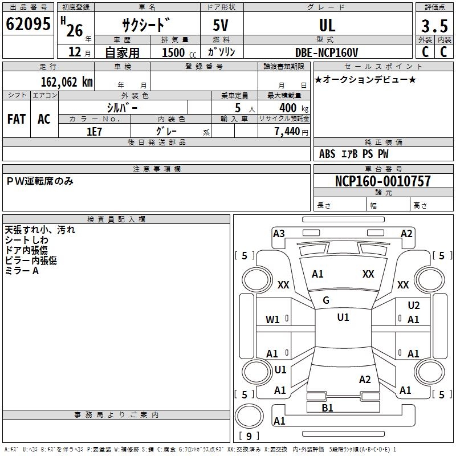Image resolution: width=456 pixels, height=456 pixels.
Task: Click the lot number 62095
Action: point(28,25)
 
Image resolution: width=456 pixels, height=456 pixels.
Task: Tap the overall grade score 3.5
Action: point(434,26)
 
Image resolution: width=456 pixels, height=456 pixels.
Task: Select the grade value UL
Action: point(327,25)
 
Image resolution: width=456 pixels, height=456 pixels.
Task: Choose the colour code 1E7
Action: point(94,131)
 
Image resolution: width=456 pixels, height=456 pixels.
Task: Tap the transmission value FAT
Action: point(17,119)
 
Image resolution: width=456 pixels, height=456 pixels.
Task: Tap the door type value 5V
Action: point(222,25)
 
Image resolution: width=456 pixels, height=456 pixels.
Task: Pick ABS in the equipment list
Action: point(327,153)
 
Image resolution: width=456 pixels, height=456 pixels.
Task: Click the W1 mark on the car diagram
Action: point(272,320)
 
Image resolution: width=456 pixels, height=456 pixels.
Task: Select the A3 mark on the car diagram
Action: point(279,233)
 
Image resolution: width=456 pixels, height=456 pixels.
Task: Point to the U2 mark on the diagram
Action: point(413,306)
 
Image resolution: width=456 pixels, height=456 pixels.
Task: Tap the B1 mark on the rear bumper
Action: point(327,408)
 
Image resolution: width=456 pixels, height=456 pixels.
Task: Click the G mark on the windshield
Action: point(326,300)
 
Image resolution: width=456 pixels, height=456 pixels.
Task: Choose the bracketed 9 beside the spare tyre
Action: point(249,436)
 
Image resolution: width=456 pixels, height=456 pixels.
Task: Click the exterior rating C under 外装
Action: point(425,52)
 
